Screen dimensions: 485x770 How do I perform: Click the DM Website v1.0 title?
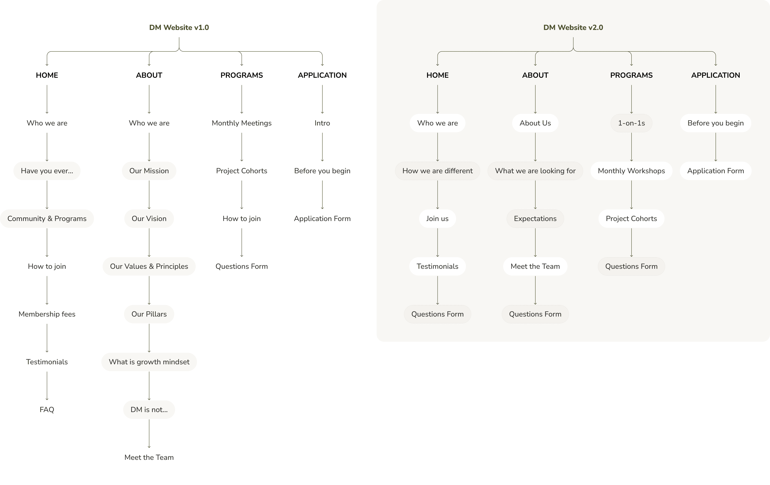point(179,28)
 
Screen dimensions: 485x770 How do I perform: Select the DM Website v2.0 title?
point(573,28)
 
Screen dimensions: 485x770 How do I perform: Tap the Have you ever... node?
point(47,171)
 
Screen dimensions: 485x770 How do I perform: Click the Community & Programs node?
point(47,219)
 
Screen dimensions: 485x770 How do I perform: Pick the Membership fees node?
point(47,314)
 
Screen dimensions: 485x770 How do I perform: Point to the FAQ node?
point(47,410)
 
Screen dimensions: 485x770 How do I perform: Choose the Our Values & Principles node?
point(149,266)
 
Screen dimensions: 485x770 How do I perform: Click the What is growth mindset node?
point(149,362)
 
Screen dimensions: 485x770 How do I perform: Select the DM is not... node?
point(149,410)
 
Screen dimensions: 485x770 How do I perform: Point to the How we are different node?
point(438,171)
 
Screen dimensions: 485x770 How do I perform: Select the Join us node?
point(438,219)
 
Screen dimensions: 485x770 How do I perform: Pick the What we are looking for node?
point(535,171)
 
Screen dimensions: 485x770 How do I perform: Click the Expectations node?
point(535,219)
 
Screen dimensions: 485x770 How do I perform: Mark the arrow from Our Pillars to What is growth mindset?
point(149,338)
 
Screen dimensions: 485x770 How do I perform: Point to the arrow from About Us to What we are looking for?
point(535,147)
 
